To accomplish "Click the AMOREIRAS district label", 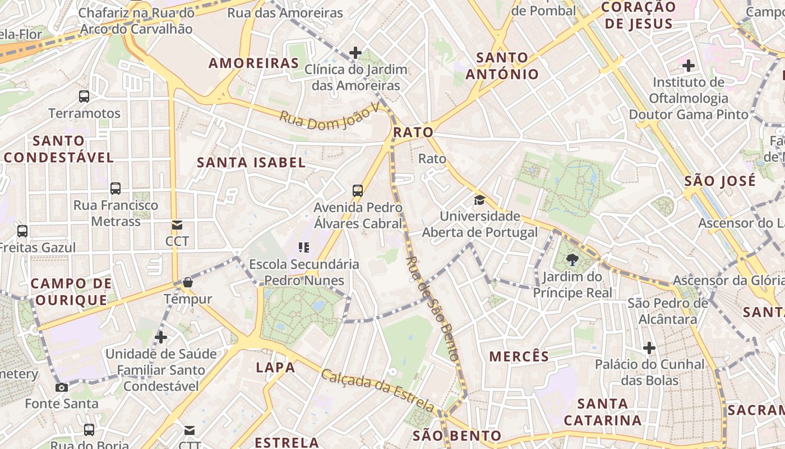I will click(x=253, y=63).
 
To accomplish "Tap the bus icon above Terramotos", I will click(x=84, y=96).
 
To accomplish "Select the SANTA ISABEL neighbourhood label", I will click(x=251, y=163).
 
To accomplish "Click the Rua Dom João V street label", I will click(x=330, y=116).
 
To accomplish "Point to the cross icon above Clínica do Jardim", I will click(x=355, y=53).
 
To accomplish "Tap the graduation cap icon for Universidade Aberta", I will click(x=479, y=200).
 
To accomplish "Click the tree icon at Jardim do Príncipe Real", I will click(x=572, y=259).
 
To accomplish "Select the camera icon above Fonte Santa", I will click(x=62, y=387).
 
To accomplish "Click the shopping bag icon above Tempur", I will click(x=188, y=282).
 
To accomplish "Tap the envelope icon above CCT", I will click(x=177, y=225).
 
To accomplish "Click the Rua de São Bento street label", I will click(x=432, y=309).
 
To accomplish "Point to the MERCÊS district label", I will click(x=519, y=356).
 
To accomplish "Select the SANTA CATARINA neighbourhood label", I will click(x=603, y=412).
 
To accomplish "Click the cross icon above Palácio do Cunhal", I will click(x=649, y=348).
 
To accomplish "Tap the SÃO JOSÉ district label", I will click(x=720, y=181).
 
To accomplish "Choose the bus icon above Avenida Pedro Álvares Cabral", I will click(x=358, y=190).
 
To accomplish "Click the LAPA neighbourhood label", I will click(x=275, y=368).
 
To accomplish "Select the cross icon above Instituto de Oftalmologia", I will click(x=689, y=66).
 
